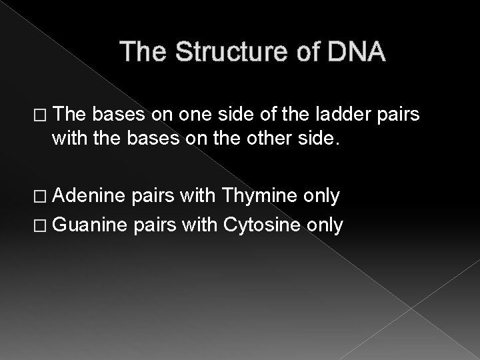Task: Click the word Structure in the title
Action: (x=227, y=52)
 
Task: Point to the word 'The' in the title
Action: (x=145, y=52)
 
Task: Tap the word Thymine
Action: (x=259, y=196)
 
